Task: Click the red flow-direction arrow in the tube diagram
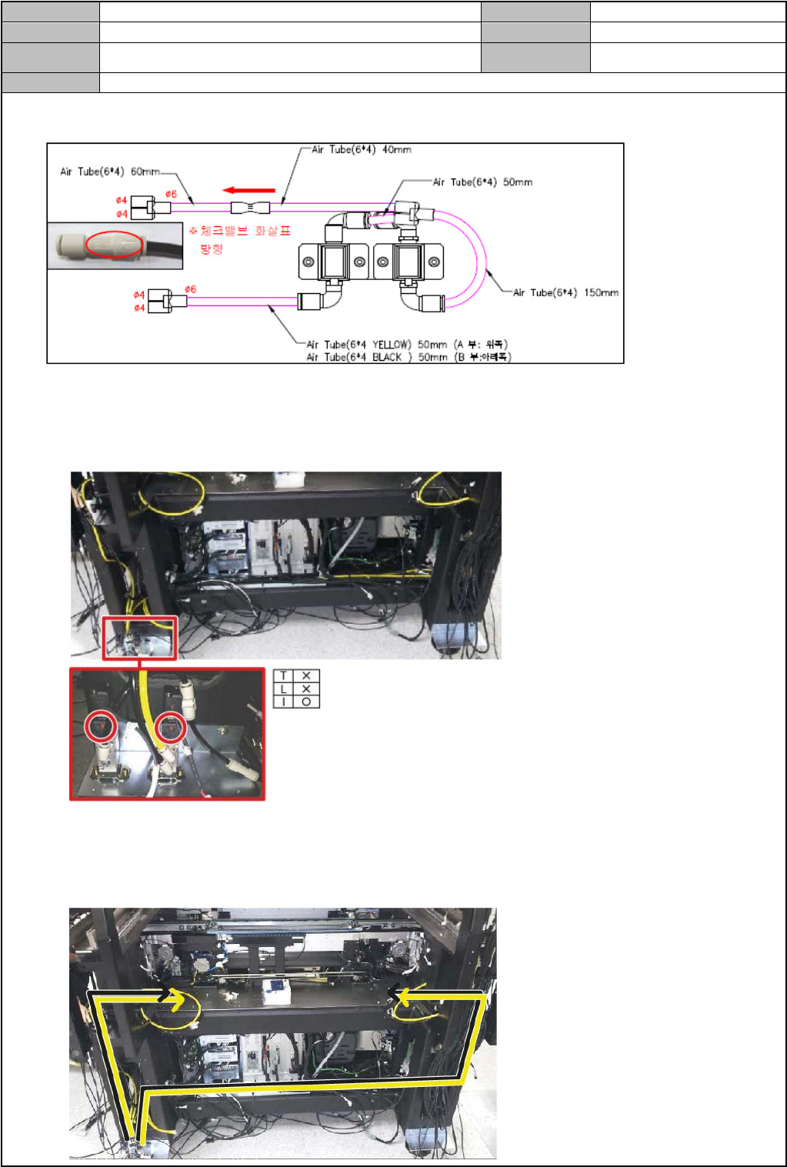pos(248,190)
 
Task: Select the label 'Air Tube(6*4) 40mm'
pos(361,150)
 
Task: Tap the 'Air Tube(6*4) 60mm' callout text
pos(110,172)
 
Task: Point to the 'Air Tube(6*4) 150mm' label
pos(565,292)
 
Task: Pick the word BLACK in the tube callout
pos(387,357)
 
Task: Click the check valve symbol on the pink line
pos(250,207)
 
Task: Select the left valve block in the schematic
pos(335,262)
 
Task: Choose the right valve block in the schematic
pos(408,262)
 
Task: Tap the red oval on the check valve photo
pos(114,245)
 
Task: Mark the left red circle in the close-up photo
pos(100,726)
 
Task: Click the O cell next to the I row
pos(307,702)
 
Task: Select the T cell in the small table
pos(283,676)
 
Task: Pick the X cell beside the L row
pos(307,689)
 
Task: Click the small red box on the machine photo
pos(140,638)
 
